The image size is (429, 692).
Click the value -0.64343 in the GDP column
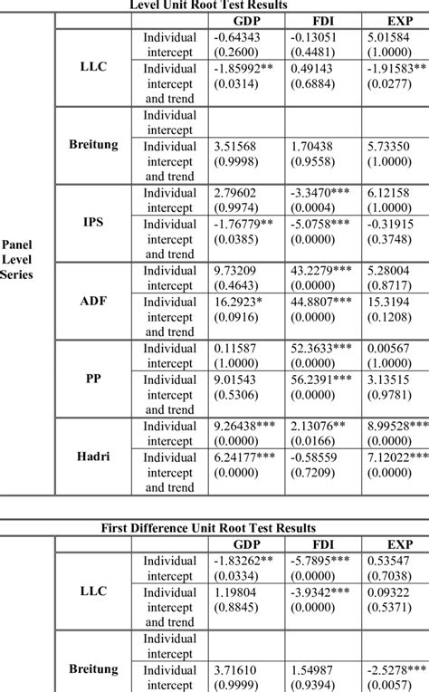coord(239,37)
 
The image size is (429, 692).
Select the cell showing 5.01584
coord(391,37)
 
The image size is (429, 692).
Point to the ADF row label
coord(94,298)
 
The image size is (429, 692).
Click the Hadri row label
coord(94,455)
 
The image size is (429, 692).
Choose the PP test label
coord(94,377)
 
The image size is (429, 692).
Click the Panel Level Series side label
coord(19,258)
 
